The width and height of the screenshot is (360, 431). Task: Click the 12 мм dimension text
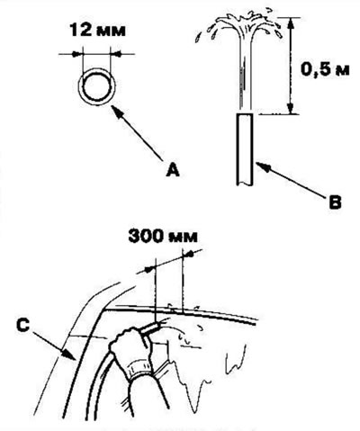97,31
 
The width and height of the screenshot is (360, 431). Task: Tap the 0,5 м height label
325,70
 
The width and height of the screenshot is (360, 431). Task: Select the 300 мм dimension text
163,236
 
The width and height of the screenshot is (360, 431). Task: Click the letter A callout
173,169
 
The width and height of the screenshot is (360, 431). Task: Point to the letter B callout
335,202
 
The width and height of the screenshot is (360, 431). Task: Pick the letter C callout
23,326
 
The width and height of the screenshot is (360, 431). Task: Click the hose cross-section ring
97,87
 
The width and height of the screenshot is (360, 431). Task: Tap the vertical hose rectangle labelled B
246,149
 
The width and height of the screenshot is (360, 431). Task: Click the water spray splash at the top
240,24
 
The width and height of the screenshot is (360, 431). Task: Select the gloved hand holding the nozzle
132,348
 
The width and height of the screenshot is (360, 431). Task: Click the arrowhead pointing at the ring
116,110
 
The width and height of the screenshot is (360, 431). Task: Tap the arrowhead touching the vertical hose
260,166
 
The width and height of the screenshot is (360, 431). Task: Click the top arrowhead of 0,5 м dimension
290,22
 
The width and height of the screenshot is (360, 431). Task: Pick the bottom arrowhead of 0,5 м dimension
290,108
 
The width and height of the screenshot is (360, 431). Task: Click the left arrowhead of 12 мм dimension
76,54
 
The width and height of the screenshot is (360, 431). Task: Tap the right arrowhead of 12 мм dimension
116,54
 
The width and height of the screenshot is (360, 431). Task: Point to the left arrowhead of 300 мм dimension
150,270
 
